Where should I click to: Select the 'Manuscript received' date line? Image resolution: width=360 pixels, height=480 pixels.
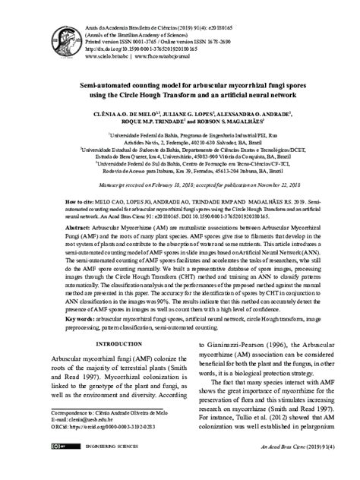[180, 185]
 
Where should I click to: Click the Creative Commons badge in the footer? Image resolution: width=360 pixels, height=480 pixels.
[49, 469]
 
